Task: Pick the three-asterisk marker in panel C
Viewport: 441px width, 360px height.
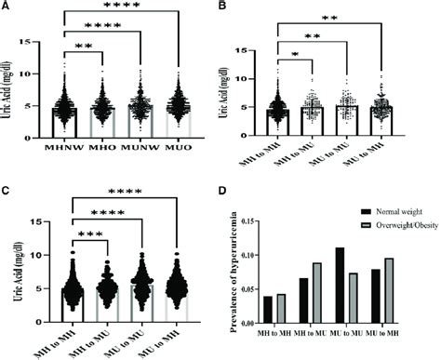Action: point(82,234)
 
